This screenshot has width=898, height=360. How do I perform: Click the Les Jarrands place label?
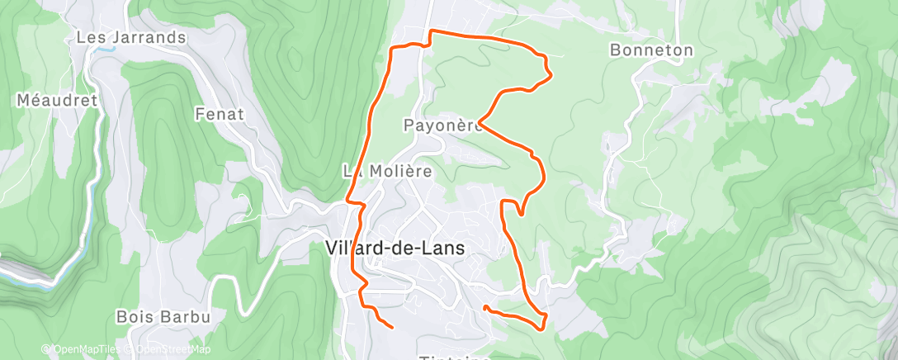[130, 38]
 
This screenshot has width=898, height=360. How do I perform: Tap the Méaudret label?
[57, 101]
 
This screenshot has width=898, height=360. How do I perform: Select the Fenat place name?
[220, 115]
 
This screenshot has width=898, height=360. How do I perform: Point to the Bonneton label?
[651, 50]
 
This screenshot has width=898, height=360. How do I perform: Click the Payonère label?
[442, 126]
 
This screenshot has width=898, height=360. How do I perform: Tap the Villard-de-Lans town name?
[395, 248]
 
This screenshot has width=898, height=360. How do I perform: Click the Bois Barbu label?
[163, 316]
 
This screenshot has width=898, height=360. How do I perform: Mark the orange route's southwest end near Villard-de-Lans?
[390, 327]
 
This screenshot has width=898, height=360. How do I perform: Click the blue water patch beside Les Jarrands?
[104, 49]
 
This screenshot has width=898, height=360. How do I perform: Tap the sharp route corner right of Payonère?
[480, 125]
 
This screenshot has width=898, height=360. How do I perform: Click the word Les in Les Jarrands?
[88, 38]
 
